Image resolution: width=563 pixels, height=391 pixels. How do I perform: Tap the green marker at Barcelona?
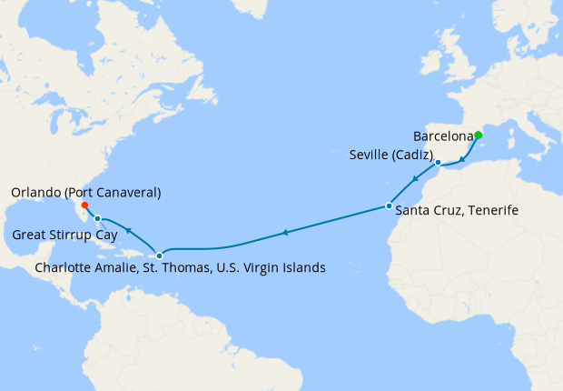point(479,135)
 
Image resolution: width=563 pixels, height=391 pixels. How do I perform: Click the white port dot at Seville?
point(438,163)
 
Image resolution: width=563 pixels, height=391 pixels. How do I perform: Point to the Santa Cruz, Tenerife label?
point(458,211)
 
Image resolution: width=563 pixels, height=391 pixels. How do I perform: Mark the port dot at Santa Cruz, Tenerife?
point(389,206)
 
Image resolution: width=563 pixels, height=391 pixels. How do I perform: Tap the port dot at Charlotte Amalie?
point(160,256)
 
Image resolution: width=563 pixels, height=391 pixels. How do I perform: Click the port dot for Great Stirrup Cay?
point(97,218)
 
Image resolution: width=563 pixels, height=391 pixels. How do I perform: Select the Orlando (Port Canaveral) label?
point(87,193)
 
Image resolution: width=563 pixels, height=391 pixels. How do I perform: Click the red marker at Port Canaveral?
point(84,205)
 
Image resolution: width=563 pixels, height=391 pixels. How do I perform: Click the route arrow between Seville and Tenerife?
point(414,179)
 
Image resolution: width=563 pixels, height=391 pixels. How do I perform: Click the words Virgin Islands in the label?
point(286,268)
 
